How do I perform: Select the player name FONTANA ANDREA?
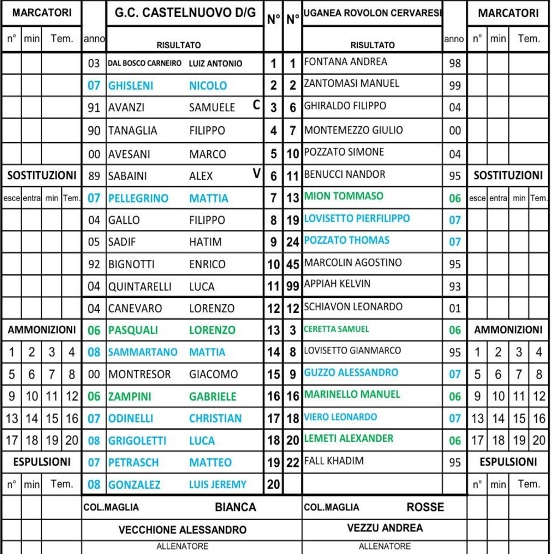pyautogui.click(x=346, y=62)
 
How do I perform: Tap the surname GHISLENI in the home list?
pyautogui.click(x=131, y=85)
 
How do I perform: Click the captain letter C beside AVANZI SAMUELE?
pyautogui.click(x=257, y=106)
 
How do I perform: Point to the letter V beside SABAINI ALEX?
pyautogui.click(x=257, y=174)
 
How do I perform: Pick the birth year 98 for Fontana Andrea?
pyautogui.click(x=455, y=63)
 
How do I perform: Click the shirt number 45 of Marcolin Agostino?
pyautogui.click(x=293, y=264)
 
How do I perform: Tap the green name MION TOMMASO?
pyautogui.click(x=343, y=196)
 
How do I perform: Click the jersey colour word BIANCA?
pyautogui.click(x=235, y=507)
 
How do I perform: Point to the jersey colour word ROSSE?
pyautogui.click(x=425, y=507)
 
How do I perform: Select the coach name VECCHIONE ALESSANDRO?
pyautogui.click(x=182, y=530)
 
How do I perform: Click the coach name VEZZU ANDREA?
pyautogui.click(x=384, y=528)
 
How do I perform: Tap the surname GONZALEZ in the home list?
pyautogui.click(x=134, y=485)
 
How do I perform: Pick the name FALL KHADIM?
pyautogui.click(x=334, y=461)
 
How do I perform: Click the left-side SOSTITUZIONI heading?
pyautogui.click(x=42, y=176)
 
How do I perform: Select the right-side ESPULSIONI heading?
pyautogui.click(x=508, y=461)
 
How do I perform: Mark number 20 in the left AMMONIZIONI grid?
pyautogui.click(x=72, y=441)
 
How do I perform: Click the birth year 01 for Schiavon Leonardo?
pyautogui.click(x=455, y=308)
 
